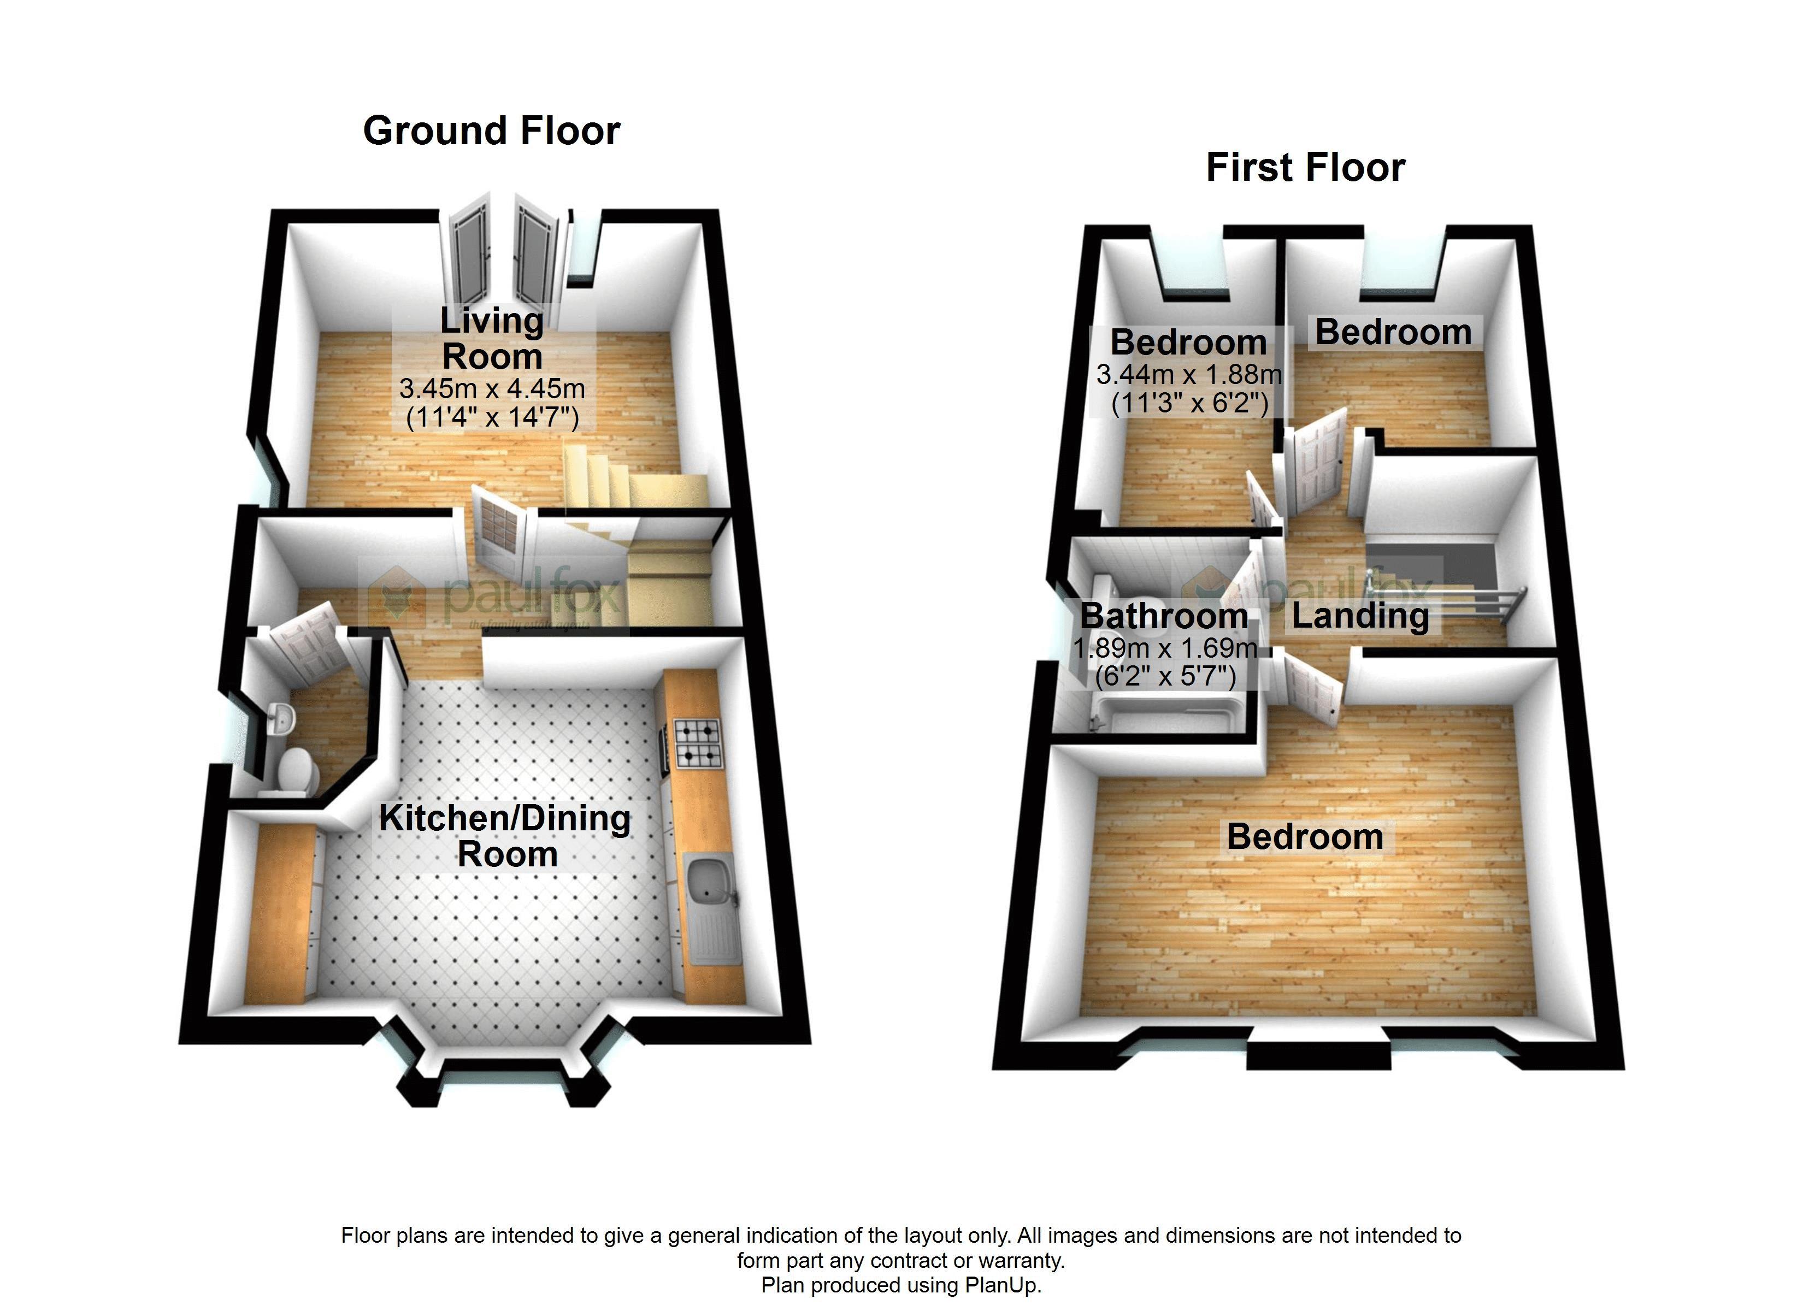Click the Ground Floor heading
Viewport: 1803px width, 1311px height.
pyautogui.click(x=491, y=131)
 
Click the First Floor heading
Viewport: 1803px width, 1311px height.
pyautogui.click(x=1305, y=168)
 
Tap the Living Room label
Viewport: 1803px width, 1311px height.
pyautogui.click(x=492, y=339)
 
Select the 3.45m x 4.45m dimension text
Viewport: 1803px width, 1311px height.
pyautogui.click(x=492, y=389)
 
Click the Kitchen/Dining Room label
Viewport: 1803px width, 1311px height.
pyautogui.click(x=505, y=836)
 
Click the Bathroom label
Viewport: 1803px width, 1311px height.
pyautogui.click(x=1164, y=616)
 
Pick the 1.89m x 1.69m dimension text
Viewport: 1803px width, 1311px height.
pyautogui.click(x=1165, y=648)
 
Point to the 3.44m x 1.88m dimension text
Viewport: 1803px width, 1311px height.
pyautogui.click(x=1188, y=374)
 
